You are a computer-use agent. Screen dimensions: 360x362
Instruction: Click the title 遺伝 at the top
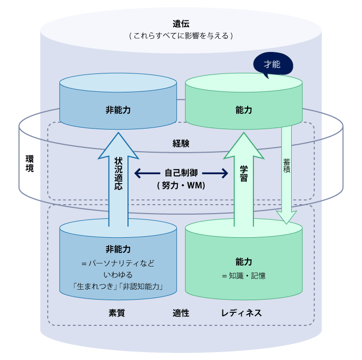tap(180, 24)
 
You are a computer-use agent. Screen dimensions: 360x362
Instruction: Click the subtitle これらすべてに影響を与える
tap(180, 36)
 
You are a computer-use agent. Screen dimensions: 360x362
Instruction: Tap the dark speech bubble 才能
tap(272, 65)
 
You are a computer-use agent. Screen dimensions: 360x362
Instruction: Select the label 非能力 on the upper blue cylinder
tap(118, 110)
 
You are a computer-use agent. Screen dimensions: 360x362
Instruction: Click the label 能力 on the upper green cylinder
tap(244, 110)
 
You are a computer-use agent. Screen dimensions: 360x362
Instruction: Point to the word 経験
tap(180, 143)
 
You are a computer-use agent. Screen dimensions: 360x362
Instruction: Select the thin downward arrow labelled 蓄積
tap(286, 173)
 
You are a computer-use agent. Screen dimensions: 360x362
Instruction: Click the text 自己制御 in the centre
tap(180, 173)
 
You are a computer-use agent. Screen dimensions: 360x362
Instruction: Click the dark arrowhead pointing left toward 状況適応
tap(138, 173)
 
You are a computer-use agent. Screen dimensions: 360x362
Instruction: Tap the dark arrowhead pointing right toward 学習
tap(225, 173)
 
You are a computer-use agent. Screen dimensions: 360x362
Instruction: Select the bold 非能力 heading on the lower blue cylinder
tap(118, 249)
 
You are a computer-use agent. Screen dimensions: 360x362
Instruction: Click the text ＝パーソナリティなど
tap(118, 263)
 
